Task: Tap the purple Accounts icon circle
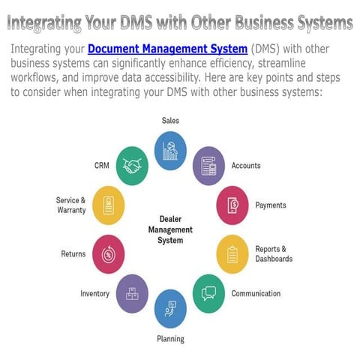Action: click(x=208, y=166)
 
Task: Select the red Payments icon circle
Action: click(x=232, y=205)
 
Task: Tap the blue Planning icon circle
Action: click(x=170, y=308)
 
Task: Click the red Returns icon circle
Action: click(x=108, y=253)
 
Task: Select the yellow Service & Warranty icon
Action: click(x=109, y=205)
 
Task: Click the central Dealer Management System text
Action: click(x=170, y=229)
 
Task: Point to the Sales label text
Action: click(x=170, y=120)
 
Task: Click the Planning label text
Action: click(x=170, y=339)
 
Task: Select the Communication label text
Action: click(x=256, y=293)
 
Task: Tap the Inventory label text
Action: click(x=95, y=293)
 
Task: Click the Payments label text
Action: click(x=270, y=205)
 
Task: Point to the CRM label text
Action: click(x=102, y=165)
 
